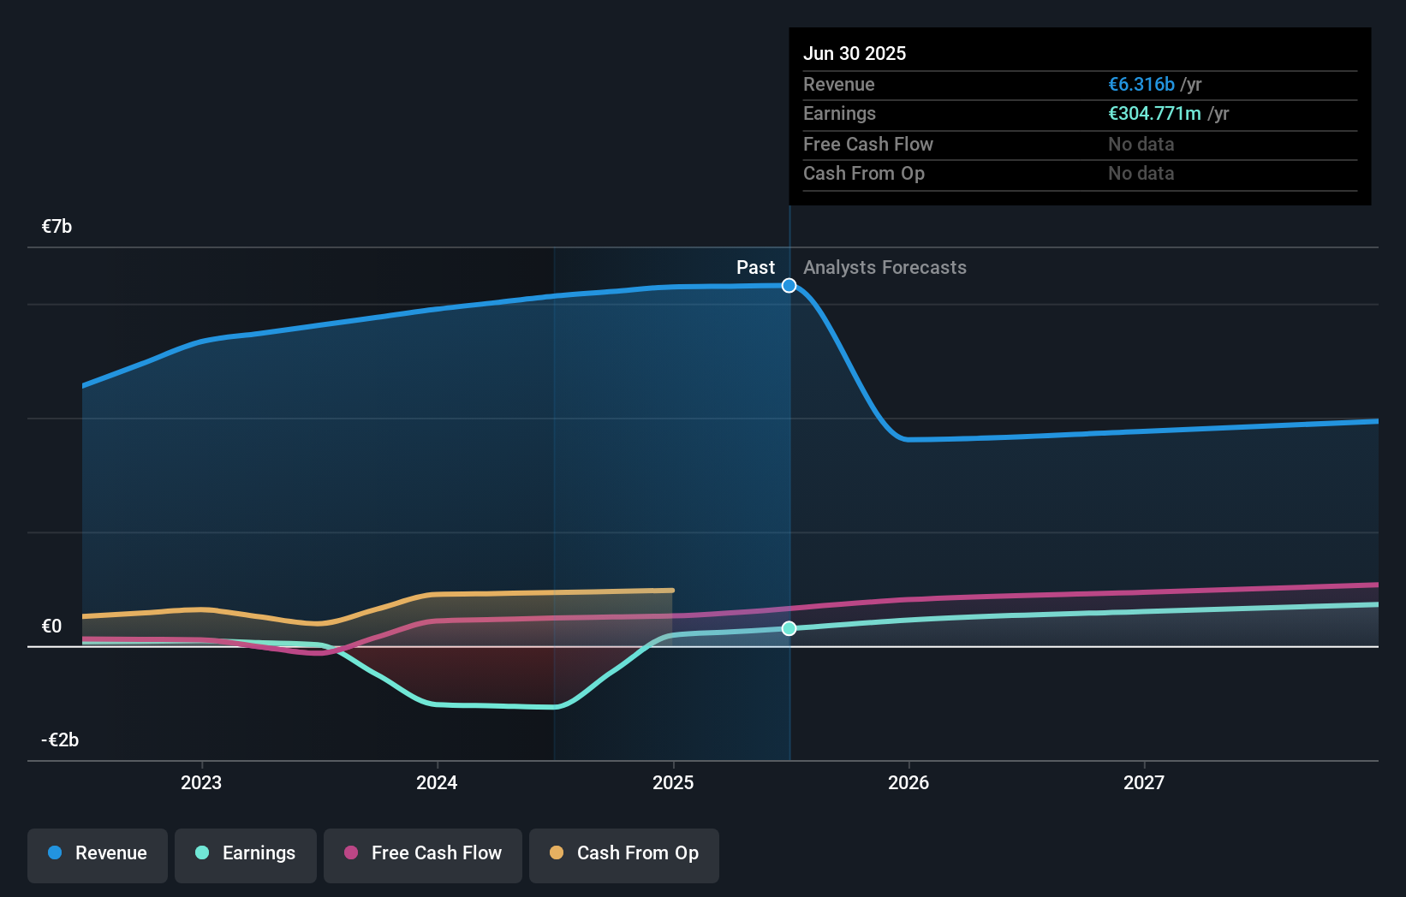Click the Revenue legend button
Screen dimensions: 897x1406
click(x=98, y=853)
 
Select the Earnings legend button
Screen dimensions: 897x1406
click(x=246, y=853)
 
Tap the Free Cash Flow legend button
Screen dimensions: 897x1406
click(x=423, y=853)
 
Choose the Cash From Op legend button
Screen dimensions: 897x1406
click(x=624, y=853)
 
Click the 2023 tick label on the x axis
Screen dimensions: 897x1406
click(x=201, y=782)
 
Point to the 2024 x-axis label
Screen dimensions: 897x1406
click(x=437, y=782)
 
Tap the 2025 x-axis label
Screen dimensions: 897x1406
click(x=673, y=782)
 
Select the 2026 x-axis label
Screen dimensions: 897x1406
click(x=909, y=782)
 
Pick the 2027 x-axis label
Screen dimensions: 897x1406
click(x=1144, y=782)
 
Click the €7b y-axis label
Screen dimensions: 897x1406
click(x=57, y=227)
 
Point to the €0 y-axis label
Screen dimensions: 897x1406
click(x=52, y=626)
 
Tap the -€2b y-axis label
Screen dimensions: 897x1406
click(x=60, y=740)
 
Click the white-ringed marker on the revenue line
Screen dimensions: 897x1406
click(x=789, y=286)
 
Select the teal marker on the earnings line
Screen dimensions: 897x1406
click(x=789, y=629)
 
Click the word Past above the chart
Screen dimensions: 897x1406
click(x=755, y=268)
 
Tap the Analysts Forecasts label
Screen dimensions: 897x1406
click(x=885, y=268)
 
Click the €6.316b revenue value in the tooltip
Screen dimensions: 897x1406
click(x=1141, y=85)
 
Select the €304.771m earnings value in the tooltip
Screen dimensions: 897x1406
click(x=1154, y=114)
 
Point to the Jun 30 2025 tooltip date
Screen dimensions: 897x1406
click(x=855, y=54)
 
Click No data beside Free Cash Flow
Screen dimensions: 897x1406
click(x=1141, y=145)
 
